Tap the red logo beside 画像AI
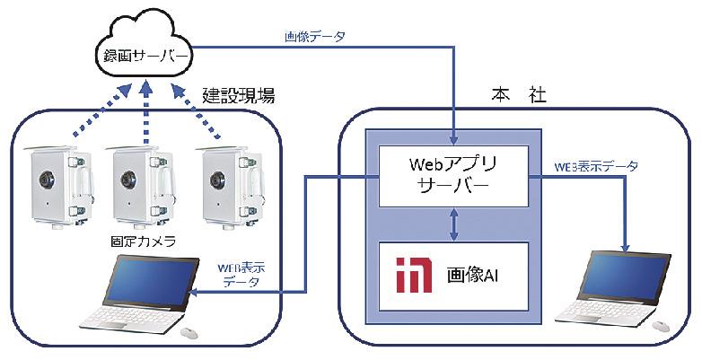pos(415,276)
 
